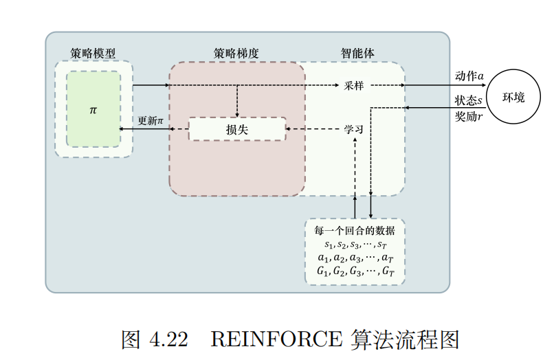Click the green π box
click(93, 109)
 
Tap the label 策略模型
click(93, 53)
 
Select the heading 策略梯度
click(236, 53)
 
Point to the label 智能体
click(358, 53)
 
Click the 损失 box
click(236, 128)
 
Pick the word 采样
click(354, 85)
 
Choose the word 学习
click(353, 128)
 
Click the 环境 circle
click(513, 98)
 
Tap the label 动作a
click(469, 75)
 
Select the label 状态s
click(469, 100)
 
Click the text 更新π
click(151, 120)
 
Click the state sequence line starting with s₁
click(355, 244)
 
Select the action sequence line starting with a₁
click(355, 258)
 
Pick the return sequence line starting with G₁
click(355, 271)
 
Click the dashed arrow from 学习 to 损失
click(313, 128)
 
